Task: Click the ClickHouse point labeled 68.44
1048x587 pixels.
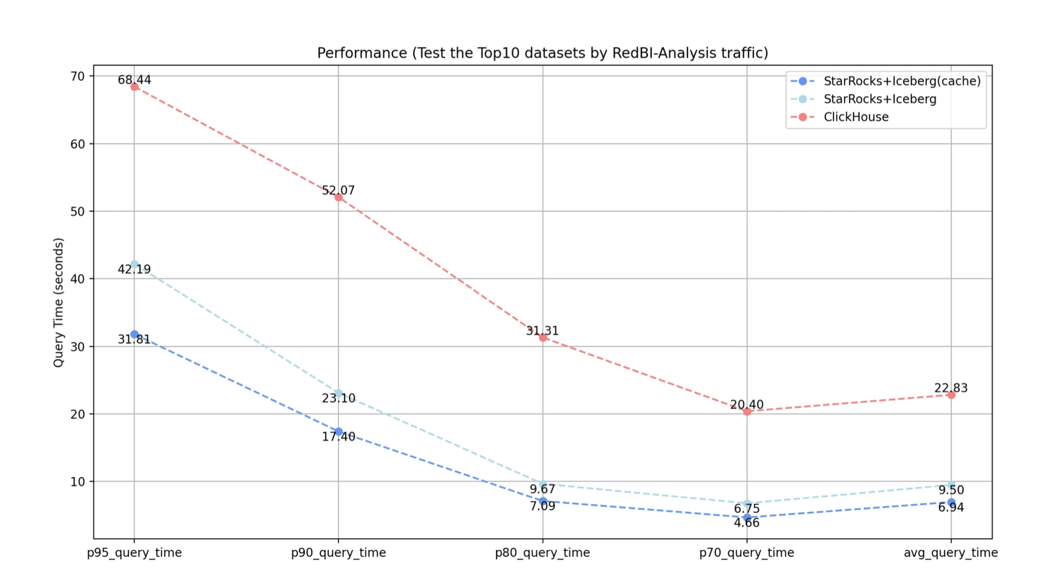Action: (x=134, y=87)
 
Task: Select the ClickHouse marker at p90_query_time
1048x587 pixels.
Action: (x=339, y=197)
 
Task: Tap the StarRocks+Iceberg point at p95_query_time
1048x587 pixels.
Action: (x=134, y=264)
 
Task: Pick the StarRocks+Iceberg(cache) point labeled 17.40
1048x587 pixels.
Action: (x=339, y=432)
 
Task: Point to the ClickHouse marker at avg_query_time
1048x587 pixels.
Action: (x=951, y=395)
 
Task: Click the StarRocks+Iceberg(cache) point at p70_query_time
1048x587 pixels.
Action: (x=747, y=518)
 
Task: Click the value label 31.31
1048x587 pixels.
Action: (x=542, y=331)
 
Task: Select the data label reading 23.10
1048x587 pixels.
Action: (x=339, y=398)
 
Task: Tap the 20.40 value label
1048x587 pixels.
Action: (x=746, y=404)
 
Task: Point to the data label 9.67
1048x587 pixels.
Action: (x=542, y=489)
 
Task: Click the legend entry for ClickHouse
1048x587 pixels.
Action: (x=856, y=117)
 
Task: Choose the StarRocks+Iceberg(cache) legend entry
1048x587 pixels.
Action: (x=901, y=81)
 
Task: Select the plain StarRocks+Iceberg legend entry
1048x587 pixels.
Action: (x=880, y=99)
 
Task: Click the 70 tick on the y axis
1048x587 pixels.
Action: (x=78, y=76)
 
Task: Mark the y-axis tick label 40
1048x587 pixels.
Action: (x=78, y=279)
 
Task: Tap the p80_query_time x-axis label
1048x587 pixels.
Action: (x=542, y=553)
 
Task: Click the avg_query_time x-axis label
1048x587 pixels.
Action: (x=950, y=553)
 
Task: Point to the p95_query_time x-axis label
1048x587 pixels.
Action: (x=134, y=553)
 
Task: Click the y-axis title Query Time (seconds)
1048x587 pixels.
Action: (x=59, y=302)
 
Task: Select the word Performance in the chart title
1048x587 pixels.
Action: (x=362, y=53)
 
